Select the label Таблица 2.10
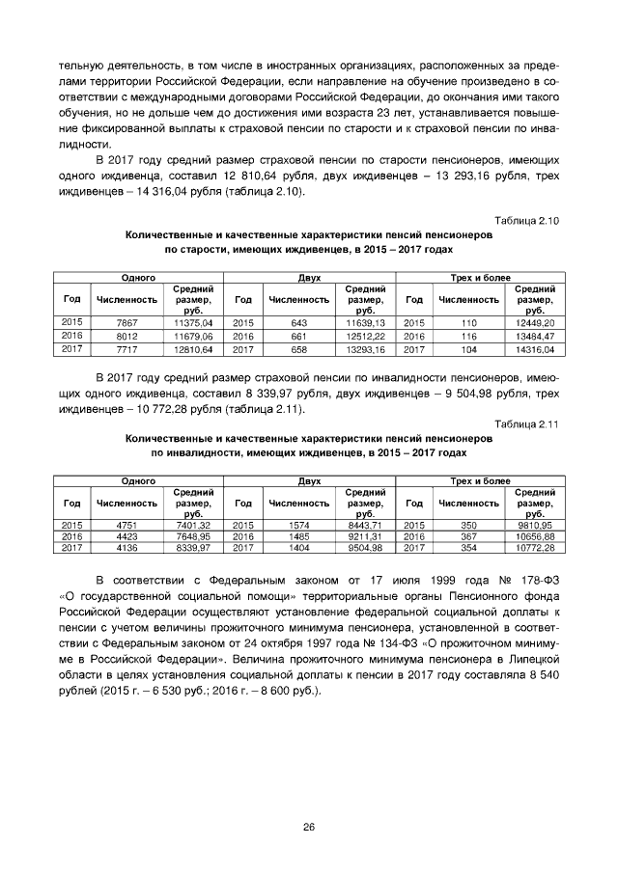point(527,221)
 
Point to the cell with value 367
point(469,535)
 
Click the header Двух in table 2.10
point(309,278)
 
